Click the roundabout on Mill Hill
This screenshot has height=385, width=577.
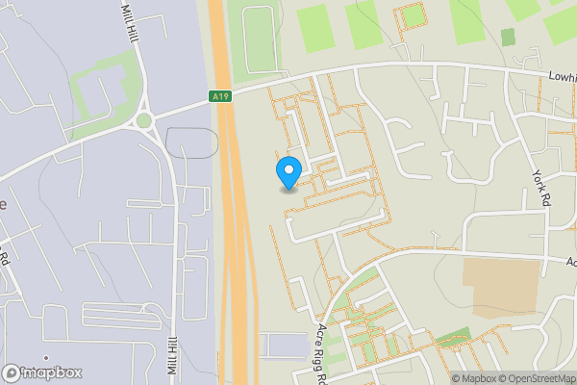click(145, 121)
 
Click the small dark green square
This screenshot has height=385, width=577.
click(508, 37)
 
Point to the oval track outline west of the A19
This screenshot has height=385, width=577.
click(191, 142)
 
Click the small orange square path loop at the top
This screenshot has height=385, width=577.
click(413, 16)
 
